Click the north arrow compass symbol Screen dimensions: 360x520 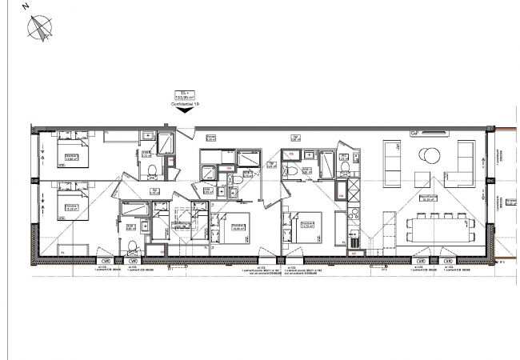click(39, 28)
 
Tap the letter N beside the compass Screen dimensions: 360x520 click(26, 6)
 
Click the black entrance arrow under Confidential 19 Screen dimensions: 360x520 click(185, 111)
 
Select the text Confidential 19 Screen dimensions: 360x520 click(185, 103)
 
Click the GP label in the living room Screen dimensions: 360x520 click(415, 133)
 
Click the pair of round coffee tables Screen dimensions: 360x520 click(431, 156)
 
